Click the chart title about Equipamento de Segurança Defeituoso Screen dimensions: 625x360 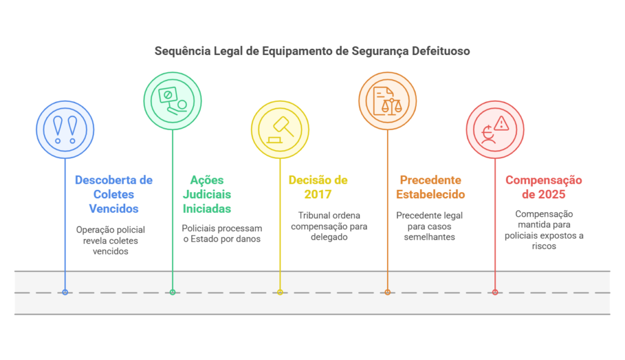coord(312,51)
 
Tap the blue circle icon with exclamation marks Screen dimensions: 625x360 coord(65,129)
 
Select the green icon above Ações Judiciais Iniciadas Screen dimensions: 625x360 coord(173,101)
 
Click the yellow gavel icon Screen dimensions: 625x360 coord(280,129)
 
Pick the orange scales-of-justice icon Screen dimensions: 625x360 coord(388,101)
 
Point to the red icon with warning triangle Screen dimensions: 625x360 coord(495,129)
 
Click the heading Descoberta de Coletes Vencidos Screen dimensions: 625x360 coord(114,194)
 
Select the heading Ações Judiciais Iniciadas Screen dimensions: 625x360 coord(207,194)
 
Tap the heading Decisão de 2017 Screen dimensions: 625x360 coord(318,187)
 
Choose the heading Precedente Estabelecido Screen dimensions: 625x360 coord(430,187)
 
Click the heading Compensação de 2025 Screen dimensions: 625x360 coord(544,187)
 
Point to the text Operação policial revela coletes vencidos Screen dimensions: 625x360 coord(110,240)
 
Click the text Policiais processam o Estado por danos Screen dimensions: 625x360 coord(222,234)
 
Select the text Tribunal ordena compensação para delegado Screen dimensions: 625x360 coord(329,226)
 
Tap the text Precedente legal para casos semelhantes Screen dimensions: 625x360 coord(429,226)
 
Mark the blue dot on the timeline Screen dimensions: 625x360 coord(65,292)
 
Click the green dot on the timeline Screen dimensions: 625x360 coord(173,292)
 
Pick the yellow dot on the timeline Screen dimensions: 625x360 coord(280,292)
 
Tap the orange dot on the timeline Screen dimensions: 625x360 coord(388,292)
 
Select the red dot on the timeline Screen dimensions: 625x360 coord(495,292)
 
